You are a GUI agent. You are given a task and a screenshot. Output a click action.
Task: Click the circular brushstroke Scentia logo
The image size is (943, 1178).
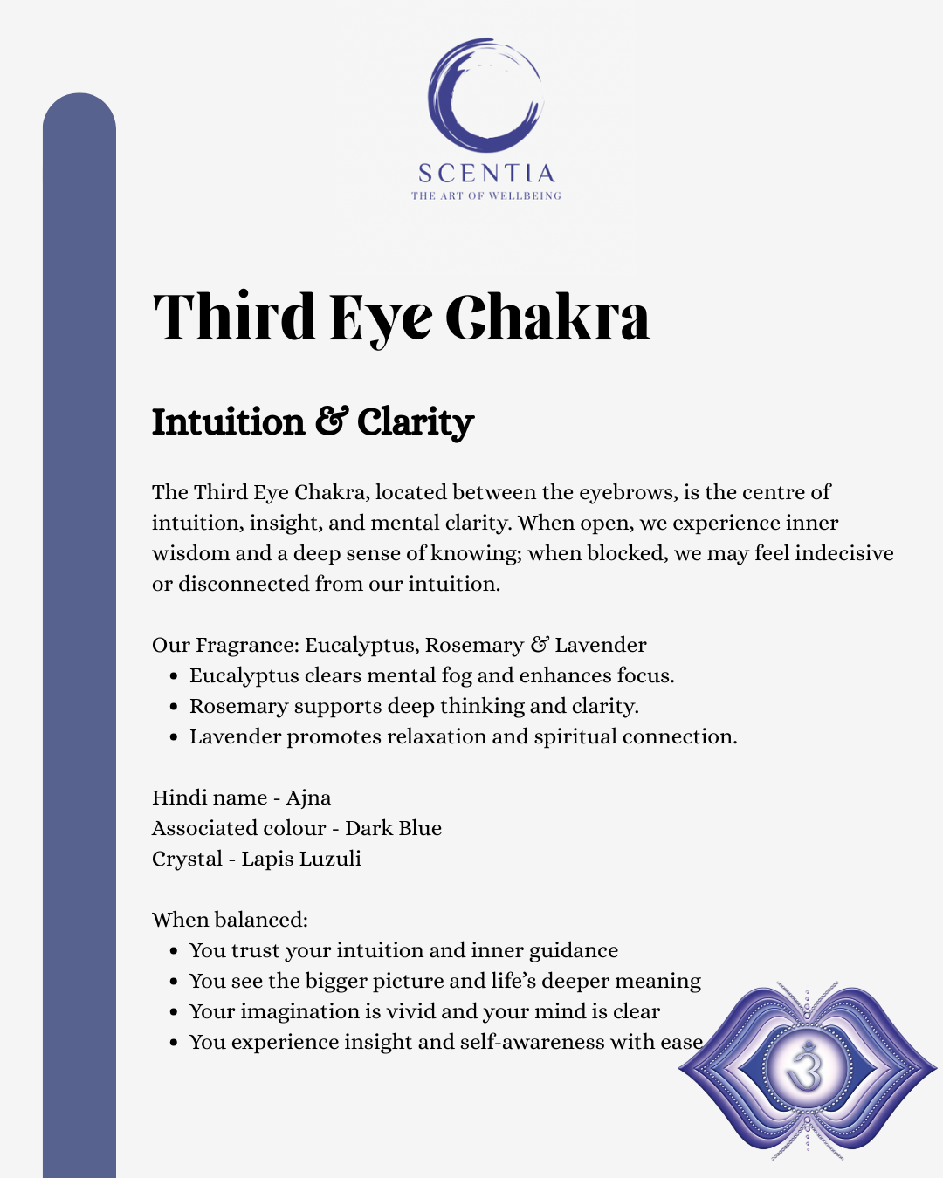click(x=485, y=94)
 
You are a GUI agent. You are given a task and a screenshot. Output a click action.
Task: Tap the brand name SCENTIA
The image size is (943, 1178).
click(x=486, y=173)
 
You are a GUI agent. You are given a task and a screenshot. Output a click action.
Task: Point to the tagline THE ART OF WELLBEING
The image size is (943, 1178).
click(x=486, y=195)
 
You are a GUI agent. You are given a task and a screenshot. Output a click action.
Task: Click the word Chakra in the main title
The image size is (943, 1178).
click(x=547, y=317)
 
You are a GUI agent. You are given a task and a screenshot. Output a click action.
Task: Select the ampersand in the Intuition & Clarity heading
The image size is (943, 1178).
click(x=331, y=421)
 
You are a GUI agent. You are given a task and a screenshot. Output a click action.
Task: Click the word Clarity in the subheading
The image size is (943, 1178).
click(x=415, y=422)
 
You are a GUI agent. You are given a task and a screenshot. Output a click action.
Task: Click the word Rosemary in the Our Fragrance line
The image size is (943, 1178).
click(x=473, y=645)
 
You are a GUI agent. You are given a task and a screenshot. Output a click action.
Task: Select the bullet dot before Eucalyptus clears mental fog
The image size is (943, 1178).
click(x=174, y=676)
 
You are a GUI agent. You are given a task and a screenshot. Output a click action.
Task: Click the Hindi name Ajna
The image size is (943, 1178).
click(x=308, y=798)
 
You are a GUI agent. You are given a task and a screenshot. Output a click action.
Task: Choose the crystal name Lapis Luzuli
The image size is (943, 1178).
click(x=301, y=859)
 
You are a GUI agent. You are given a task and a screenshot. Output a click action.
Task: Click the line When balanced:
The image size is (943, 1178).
click(x=230, y=920)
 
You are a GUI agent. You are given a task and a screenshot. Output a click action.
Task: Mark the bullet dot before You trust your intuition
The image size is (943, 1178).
click(x=174, y=951)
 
